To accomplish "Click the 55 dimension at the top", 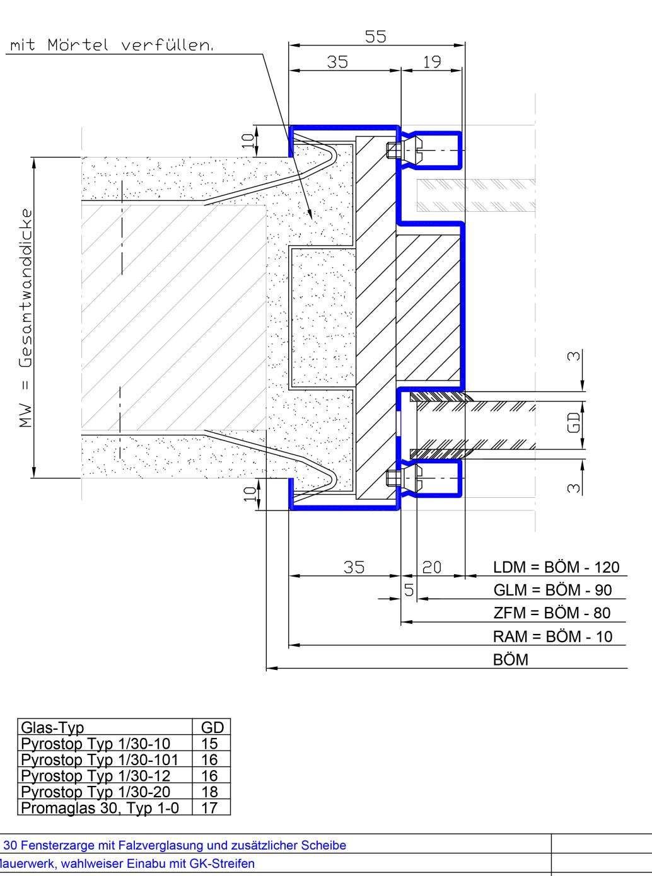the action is click(x=375, y=37).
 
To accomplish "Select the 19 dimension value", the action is click(x=432, y=62).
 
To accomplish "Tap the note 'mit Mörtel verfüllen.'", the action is click(x=112, y=45).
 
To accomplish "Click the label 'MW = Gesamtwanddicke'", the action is click(x=26, y=318).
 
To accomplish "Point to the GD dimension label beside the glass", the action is click(x=573, y=423).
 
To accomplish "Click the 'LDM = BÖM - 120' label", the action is click(x=556, y=567).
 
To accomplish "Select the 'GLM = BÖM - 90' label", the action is click(x=552, y=590).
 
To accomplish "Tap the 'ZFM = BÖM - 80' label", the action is click(x=552, y=613).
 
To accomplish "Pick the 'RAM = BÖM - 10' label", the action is click(x=552, y=637).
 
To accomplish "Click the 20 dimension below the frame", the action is click(x=432, y=568).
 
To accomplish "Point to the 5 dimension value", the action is click(x=409, y=590).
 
